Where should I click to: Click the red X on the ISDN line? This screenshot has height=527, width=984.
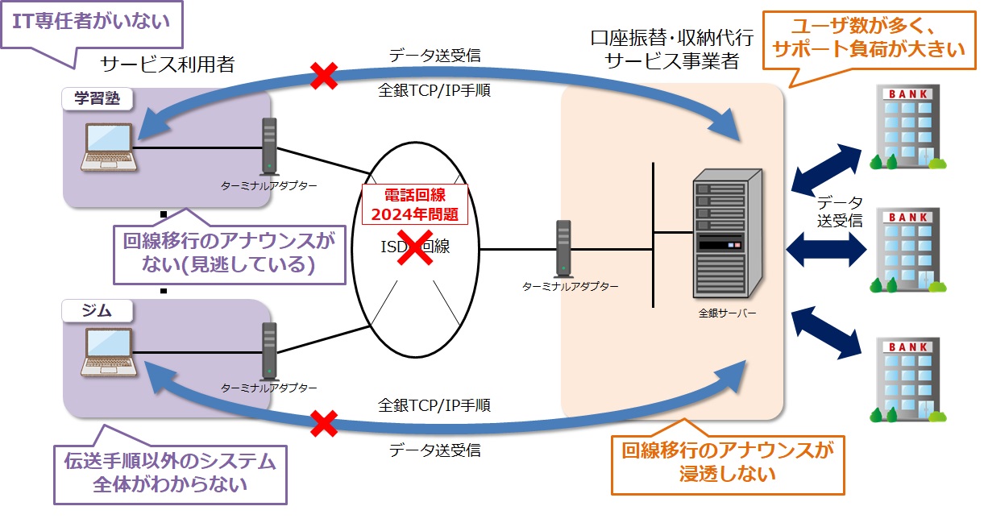[x=414, y=247]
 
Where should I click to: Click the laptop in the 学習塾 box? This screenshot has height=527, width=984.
[x=109, y=147]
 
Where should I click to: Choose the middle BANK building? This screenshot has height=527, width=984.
[x=907, y=251]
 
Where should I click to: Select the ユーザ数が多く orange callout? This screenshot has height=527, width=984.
[x=867, y=39]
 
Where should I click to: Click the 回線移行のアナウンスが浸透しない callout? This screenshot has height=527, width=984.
[x=728, y=461]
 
